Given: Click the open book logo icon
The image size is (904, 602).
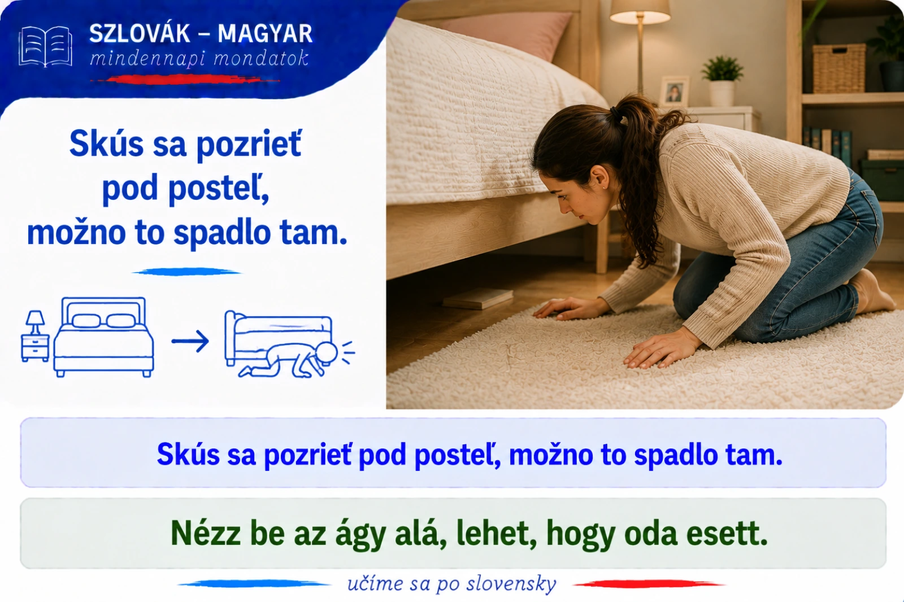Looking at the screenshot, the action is coord(45,46).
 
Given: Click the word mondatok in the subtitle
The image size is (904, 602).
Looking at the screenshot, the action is coord(261,59).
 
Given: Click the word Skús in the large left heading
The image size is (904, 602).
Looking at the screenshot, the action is coord(106,143).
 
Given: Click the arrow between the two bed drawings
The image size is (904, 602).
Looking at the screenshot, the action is coord(190,341).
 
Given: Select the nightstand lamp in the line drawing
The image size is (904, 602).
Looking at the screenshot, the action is coord(35,322).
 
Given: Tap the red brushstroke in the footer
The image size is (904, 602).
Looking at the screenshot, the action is coord(649,583).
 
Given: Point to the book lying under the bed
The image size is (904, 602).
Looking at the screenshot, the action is coord(478,298).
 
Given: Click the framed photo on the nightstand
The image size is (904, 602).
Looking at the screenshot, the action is coord(675,91).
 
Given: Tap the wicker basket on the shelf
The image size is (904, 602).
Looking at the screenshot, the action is coord(838,68).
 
